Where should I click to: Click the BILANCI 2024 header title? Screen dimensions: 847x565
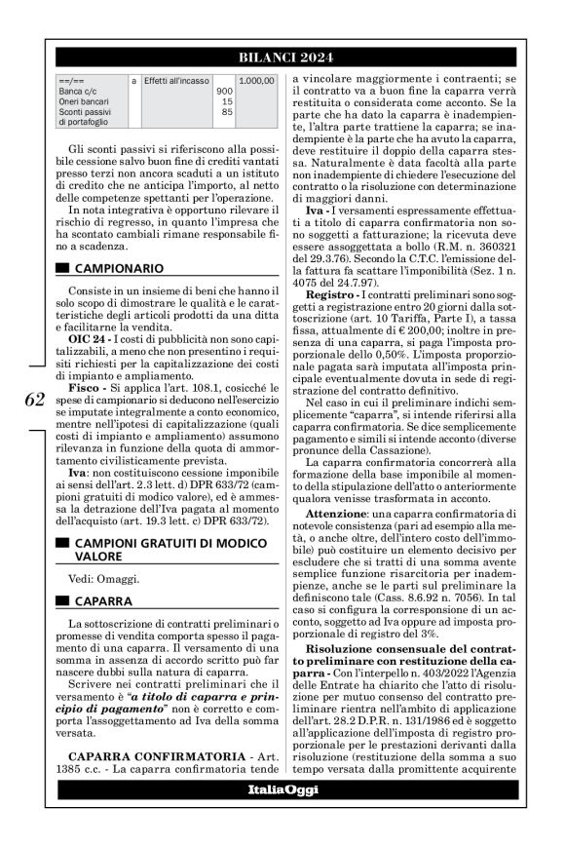(x=282, y=57)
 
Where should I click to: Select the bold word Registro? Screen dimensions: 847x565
(x=331, y=293)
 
